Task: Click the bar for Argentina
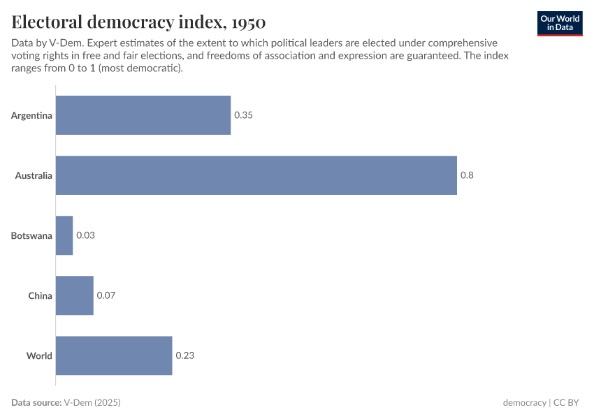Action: [143, 115]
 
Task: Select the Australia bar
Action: [256, 175]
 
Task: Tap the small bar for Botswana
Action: [64, 235]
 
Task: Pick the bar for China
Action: [74, 295]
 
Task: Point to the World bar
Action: [113, 355]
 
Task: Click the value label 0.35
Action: [243, 115]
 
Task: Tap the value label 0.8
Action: [467, 175]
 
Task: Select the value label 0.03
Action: [85, 235]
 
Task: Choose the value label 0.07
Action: [106, 295]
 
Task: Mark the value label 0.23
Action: [184, 355]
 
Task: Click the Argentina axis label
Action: [31, 115]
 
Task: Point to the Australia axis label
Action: [34, 175]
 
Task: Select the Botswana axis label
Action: [31, 235]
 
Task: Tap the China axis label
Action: [40, 295]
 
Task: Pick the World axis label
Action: [39, 355]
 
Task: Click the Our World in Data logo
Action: [560, 23]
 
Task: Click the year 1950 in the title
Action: [245, 21]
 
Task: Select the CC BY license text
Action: [568, 403]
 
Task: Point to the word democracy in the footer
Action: [524, 403]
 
